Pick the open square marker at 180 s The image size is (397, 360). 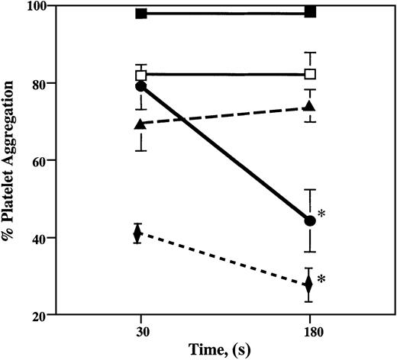click(x=310, y=74)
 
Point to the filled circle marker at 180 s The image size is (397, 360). click(x=310, y=220)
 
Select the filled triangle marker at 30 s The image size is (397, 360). click(x=140, y=124)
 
